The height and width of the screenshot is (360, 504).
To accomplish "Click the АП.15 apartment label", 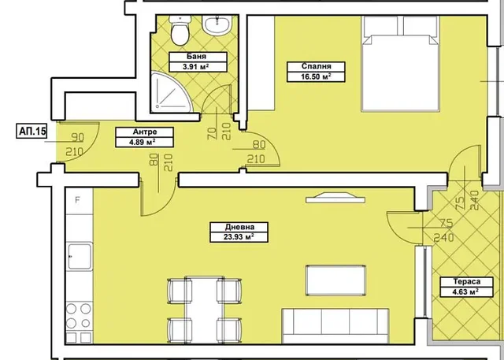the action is click(31, 132).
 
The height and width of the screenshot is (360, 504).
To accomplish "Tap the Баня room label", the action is click(196, 57).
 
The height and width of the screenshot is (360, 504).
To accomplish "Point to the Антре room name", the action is click(145, 132).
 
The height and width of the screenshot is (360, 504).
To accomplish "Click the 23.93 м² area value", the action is click(239, 237).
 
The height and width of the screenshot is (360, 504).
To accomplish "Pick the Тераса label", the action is click(467, 282).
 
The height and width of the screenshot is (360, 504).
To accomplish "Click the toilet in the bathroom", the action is click(180, 31).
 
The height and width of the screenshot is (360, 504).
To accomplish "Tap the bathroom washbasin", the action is click(217, 24).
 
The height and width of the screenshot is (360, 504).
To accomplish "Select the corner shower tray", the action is click(170, 93).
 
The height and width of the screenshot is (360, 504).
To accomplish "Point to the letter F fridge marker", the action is click(77, 200).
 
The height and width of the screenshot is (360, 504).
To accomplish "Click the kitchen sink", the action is click(80, 256).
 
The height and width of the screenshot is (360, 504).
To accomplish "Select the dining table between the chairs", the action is click(205, 310).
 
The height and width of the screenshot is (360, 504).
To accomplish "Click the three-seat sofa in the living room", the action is click(335, 326).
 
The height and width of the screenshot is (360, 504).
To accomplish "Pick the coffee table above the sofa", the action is click(335, 280).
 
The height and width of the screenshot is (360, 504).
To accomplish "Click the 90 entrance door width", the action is click(77, 138).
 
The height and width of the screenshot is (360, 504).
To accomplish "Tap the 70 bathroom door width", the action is click(212, 133).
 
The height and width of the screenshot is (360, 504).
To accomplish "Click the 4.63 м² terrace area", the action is click(467, 292).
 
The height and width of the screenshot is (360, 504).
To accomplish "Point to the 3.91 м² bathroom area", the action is click(196, 67).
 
